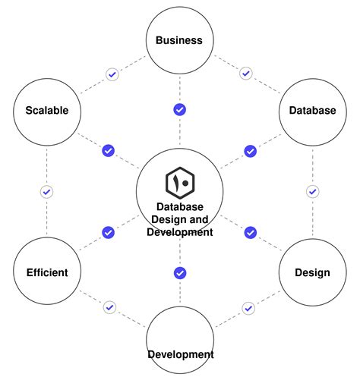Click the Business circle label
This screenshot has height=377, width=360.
coord(179,40)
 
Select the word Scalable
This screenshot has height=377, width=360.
coord(46,110)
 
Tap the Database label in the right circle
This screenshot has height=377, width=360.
coord(312,110)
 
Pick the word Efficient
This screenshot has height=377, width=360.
coord(46,272)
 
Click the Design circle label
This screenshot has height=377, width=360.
coord(312,272)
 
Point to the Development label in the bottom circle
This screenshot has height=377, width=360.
coord(180,354)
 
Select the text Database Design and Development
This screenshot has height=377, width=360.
coord(180,219)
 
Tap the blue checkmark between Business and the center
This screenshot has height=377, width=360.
coord(180,110)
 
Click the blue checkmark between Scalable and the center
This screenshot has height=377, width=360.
coord(108,151)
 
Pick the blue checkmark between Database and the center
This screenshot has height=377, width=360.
coord(250,151)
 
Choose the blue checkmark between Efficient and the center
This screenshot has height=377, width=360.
coord(108,232)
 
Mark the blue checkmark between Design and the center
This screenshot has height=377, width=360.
coord(250,232)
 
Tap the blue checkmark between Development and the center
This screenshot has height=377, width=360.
coord(180,273)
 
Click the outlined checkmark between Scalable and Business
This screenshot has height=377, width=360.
coord(112,74)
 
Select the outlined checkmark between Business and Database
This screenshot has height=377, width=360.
coord(245,74)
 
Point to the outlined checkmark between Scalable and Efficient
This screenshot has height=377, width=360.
coord(46,192)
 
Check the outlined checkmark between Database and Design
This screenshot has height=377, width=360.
coord(311,191)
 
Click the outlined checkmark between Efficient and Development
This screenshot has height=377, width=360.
coord(110,307)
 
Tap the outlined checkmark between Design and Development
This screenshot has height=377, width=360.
coord(248,308)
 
